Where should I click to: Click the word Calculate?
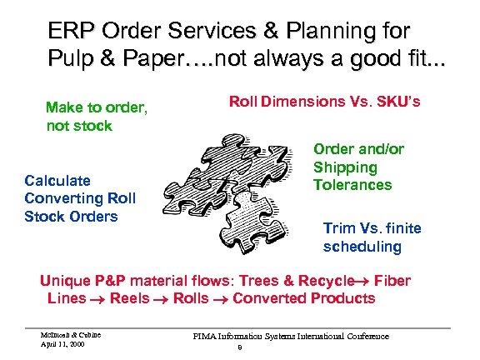click(57, 181)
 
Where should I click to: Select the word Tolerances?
click(352, 184)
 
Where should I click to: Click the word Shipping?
click(345, 167)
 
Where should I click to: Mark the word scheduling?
click(362, 247)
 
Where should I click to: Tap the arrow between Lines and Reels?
click(99, 299)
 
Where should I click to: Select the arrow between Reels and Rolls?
click(161, 299)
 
